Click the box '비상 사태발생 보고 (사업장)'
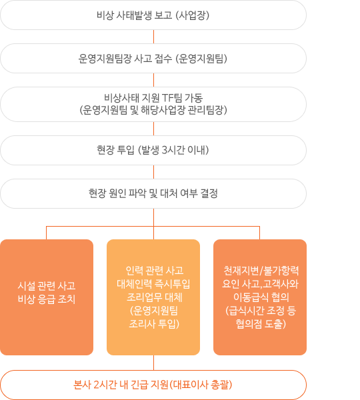pyautogui.click(x=153, y=15)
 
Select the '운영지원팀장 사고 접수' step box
pyautogui.click(x=153, y=59)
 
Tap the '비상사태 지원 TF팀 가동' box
pyautogui.click(x=153, y=105)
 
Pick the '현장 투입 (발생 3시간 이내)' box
pyautogui.click(x=153, y=150)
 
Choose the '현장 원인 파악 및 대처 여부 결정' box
pyautogui.click(x=153, y=193)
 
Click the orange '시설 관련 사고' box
pyautogui.click(x=47, y=297)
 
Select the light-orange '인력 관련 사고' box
pyautogui.click(x=153, y=297)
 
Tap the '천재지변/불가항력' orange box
pyautogui.click(x=260, y=297)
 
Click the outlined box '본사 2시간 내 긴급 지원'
pyautogui.click(x=153, y=385)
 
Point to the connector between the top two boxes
pyautogui.click(x=153, y=37)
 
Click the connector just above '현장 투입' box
pyautogui.click(x=153, y=129)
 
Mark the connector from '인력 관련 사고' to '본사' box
pyautogui.click(x=153, y=363)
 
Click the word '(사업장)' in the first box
pyautogui.click(x=193, y=15)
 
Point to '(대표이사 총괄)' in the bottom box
pyautogui.click(x=201, y=385)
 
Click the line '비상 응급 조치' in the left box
pyautogui.click(x=47, y=299)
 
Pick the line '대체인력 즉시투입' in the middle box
pyautogui.click(x=153, y=284)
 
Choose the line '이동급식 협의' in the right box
pyautogui.click(x=261, y=297)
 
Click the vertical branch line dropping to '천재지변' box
pyautogui.click(x=259, y=233)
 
